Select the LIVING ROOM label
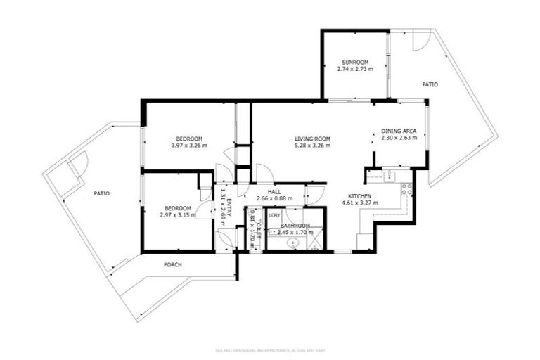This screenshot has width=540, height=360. [312, 139]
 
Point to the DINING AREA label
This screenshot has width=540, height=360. [399, 131]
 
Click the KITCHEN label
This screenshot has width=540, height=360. [359, 196]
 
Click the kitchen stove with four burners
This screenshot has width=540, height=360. [406, 188]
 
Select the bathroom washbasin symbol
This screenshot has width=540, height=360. [292, 243]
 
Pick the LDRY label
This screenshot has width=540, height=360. [274, 215]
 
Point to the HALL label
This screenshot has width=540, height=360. [274, 191]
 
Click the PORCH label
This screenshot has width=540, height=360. [173, 265]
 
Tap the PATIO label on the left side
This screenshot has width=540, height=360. [102, 193]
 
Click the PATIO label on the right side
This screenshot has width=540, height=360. [430, 84]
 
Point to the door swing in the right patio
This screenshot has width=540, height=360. [420, 41]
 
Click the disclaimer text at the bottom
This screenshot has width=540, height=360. [270, 350]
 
